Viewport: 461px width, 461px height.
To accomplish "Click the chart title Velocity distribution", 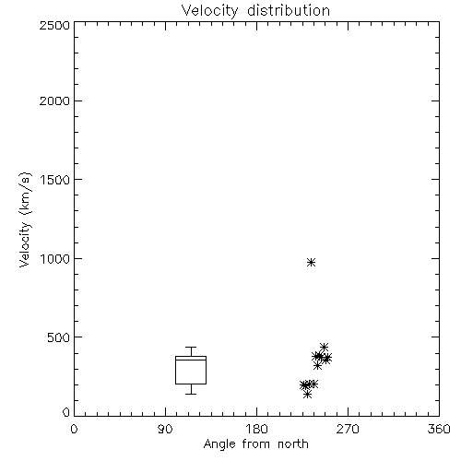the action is [x=255, y=11].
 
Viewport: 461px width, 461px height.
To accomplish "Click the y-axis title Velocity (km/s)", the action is [x=25, y=219].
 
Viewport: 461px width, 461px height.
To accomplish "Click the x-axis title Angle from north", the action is [x=256, y=444].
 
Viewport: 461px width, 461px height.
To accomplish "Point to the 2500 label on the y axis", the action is [x=54, y=25].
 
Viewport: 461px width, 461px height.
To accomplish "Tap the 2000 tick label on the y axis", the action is [x=54, y=100].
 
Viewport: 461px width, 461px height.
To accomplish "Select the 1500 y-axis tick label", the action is [x=55, y=180].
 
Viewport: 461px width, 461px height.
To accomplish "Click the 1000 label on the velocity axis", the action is [x=55, y=259].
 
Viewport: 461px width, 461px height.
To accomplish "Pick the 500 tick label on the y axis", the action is [x=59, y=337].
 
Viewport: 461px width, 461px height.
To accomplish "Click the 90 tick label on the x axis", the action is [x=165, y=429].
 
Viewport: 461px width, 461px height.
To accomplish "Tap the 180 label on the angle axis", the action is [x=256, y=429].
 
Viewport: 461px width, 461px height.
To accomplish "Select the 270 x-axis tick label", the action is [x=348, y=429].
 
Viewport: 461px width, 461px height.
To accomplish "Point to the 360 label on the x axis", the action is [x=439, y=429].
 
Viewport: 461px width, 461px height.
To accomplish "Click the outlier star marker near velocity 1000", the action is [x=312, y=262].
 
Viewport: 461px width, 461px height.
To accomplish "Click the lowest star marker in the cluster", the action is [x=307, y=395].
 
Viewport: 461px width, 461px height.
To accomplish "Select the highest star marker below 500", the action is [x=324, y=348].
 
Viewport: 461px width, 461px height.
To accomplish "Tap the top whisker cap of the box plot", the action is [x=191, y=348].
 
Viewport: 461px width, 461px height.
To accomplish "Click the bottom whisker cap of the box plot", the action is [x=191, y=394].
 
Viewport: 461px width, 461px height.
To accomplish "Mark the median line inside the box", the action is [x=191, y=360].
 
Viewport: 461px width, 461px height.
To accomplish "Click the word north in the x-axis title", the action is [x=293, y=444].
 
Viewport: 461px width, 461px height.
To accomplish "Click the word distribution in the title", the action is [x=289, y=11].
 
